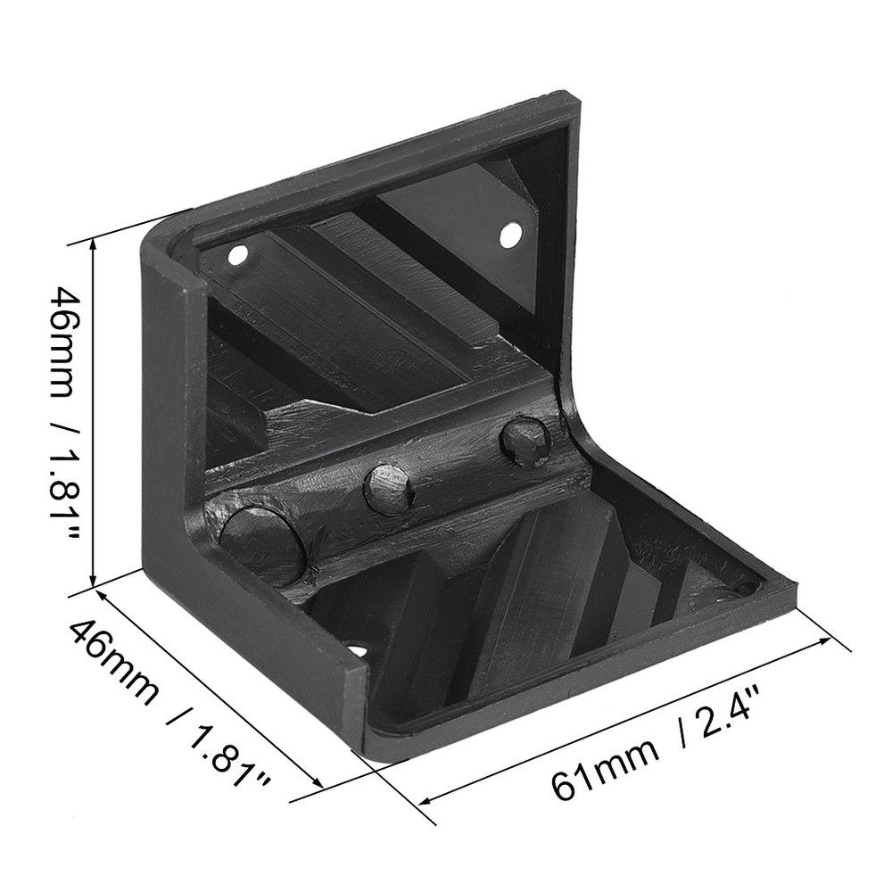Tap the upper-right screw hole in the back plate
click(509, 235)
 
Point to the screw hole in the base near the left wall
click(358, 650)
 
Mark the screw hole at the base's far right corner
click(743, 590)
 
